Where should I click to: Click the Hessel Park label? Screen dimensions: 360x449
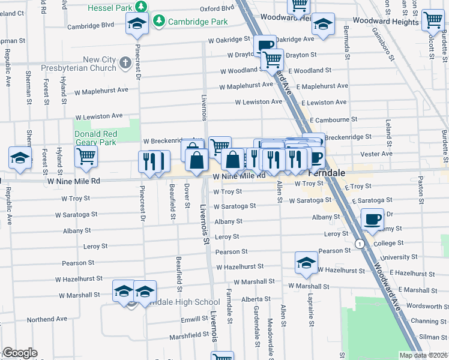(109, 8)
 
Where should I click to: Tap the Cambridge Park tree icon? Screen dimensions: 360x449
(158, 22)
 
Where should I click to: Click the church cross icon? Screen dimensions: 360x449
(125, 62)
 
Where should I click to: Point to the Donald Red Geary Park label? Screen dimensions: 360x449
(95, 138)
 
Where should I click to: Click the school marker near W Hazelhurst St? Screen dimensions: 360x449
(306, 263)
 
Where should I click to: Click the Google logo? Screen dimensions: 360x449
(20, 353)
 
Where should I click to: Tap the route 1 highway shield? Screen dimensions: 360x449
(359, 244)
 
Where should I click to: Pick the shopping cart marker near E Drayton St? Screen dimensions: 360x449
(273, 59)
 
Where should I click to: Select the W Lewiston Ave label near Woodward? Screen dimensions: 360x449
(258, 102)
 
